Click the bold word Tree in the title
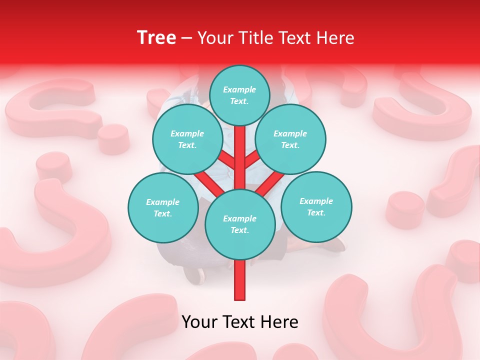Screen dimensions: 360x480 156,37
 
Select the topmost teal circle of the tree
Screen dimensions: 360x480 239,95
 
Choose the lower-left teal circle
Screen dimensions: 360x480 163,207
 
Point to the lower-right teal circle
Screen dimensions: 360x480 316,206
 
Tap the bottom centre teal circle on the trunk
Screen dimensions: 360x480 240,224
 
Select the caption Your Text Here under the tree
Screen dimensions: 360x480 240,322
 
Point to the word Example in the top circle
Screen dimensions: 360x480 239,89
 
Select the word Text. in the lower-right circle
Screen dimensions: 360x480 316,212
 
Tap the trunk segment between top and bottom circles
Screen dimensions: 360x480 240,160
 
